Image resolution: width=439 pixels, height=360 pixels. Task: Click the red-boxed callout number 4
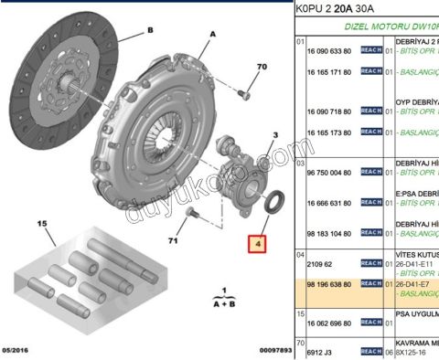click(x=259, y=244)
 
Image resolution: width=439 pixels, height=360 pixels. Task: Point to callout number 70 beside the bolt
click(x=261, y=67)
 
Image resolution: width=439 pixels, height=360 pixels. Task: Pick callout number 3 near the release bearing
click(x=273, y=135)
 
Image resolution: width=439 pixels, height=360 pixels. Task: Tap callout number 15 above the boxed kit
click(x=41, y=223)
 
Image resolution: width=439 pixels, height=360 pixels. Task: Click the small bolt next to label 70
click(x=242, y=91)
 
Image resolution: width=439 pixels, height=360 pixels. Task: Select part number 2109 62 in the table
click(x=319, y=263)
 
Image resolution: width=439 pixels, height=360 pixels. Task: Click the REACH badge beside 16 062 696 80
click(x=370, y=323)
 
